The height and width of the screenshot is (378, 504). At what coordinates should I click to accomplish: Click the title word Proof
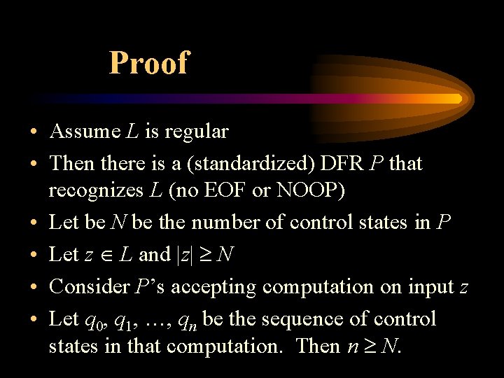[x=148, y=63]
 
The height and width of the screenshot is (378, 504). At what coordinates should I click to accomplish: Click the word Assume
[x=85, y=132]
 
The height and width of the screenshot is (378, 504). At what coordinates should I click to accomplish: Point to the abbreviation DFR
[x=343, y=164]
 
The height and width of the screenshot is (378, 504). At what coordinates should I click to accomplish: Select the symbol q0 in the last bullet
[x=91, y=321]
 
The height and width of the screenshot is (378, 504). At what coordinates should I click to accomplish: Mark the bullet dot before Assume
[x=33, y=132]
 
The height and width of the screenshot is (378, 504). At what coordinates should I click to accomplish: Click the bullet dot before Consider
[x=33, y=288]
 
